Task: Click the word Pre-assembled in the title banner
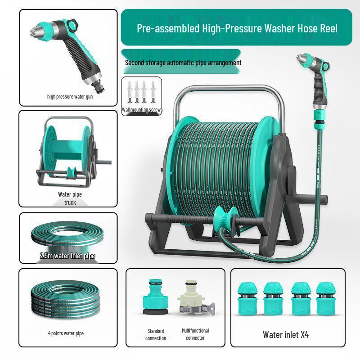[x=168, y=28]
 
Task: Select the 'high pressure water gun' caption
[x=70, y=97]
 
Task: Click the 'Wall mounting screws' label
[x=142, y=110]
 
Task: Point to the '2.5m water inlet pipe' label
[x=67, y=256]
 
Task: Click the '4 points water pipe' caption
[x=66, y=333]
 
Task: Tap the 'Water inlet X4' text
[x=286, y=334]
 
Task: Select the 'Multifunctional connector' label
[x=195, y=334]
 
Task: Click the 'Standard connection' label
[x=156, y=334]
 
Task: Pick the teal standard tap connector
[x=156, y=297]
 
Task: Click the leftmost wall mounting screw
[x=130, y=92]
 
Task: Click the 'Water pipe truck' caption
[x=70, y=198]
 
